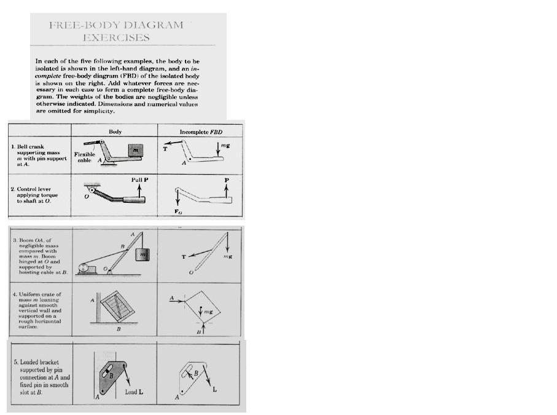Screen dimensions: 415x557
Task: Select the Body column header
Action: (115, 132)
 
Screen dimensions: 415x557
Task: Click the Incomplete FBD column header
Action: (200, 132)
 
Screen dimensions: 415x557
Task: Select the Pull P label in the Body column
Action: (140, 180)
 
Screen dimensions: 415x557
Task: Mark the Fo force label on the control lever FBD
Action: (179, 212)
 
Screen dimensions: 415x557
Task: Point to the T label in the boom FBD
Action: (182, 255)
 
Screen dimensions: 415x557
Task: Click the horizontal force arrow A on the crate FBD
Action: (176, 299)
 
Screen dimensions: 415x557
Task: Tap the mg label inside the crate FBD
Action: (208, 312)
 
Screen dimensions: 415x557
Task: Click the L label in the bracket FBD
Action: (214, 390)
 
